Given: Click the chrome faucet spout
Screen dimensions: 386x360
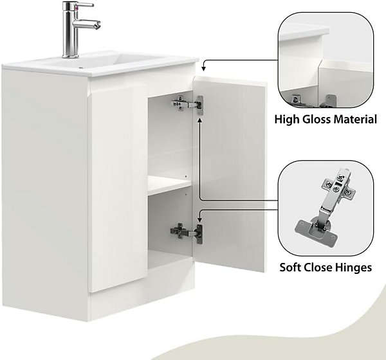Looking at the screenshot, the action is pyautogui.click(x=87, y=24).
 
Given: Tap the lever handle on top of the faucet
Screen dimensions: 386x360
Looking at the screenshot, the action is pyautogui.click(x=85, y=4).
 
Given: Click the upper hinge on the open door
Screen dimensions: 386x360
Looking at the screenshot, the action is pyautogui.click(x=188, y=104).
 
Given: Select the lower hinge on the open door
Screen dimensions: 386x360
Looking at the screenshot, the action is pyautogui.click(x=187, y=233).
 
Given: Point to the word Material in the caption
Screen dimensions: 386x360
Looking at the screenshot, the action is pyautogui.click(x=355, y=120).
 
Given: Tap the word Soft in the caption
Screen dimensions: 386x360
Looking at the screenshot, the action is pyautogui.click(x=291, y=267).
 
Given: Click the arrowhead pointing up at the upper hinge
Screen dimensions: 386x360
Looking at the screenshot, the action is pyautogui.click(x=200, y=120).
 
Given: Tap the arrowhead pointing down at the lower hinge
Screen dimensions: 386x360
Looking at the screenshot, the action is pyautogui.click(x=200, y=219).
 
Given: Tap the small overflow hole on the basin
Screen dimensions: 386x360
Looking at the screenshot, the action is pyautogui.click(x=80, y=67).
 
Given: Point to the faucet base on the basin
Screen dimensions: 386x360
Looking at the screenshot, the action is pyautogui.click(x=70, y=56).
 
